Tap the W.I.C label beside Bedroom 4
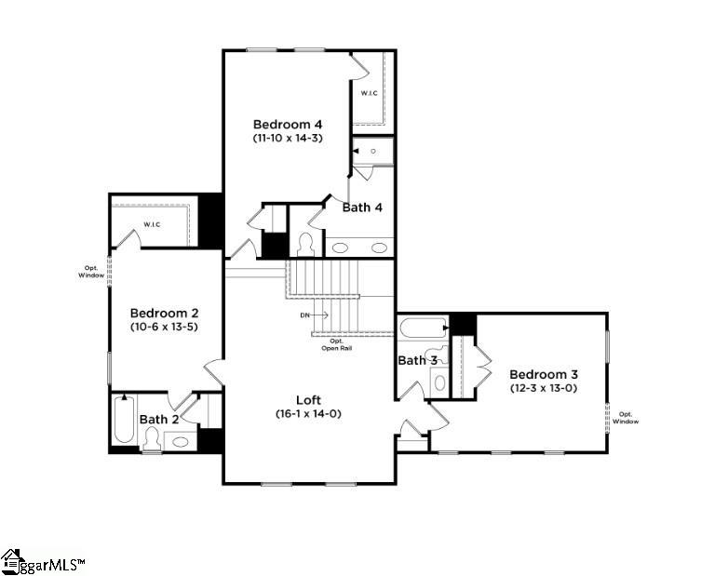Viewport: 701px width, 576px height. (370, 93)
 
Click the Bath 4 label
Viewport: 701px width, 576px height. (362, 208)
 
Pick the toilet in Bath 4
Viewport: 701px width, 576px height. (304, 244)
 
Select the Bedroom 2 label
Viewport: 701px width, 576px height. (164, 314)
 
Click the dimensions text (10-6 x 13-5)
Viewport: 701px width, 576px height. (164, 328)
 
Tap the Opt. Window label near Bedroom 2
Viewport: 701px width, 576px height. (91, 272)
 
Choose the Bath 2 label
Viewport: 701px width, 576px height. (159, 420)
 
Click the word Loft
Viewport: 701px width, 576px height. (308, 398)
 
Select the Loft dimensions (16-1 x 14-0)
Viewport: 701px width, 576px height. (308, 413)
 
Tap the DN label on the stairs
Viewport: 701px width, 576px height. (304, 315)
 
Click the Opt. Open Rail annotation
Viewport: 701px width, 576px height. (331, 345)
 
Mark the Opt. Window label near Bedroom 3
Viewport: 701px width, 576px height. (626, 418)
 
